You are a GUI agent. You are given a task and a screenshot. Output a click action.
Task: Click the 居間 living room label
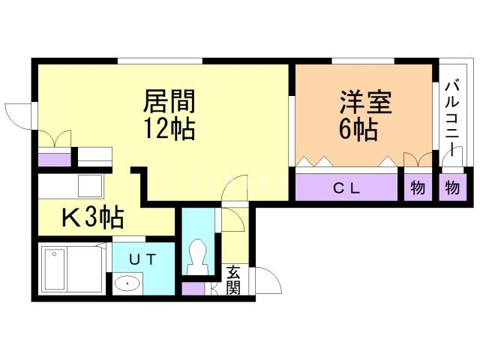[x=169, y=100]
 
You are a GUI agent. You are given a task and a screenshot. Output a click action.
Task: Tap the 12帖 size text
[x=169, y=128]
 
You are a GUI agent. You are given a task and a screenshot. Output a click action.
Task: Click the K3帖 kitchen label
[x=92, y=218]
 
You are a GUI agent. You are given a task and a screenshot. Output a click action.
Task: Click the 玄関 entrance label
[x=234, y=279]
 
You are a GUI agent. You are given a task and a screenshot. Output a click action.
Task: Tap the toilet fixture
[x=199, y=256]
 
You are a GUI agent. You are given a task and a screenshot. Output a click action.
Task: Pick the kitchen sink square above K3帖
[x=91, y=185]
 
